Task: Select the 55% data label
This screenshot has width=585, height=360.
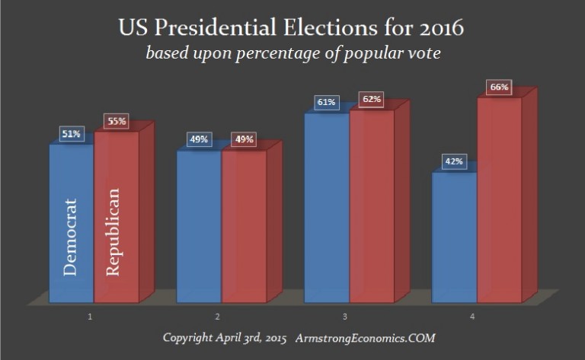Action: click(x=117, y=122)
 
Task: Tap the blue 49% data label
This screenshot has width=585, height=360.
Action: click(x=198, y=140)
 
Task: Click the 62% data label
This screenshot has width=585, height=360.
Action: click(x=371, y=100)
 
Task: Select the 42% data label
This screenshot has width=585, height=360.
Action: click(x=453, y=162)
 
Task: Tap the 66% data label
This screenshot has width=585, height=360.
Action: click(x=499, y=88)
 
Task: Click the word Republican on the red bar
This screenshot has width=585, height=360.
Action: click(x=113, y=232)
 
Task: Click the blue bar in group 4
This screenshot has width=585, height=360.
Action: click(x=454, y=236)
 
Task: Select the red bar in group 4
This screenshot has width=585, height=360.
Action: click(x=499, y=198)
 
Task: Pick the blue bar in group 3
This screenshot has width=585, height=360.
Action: click(x=326, y=205)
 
